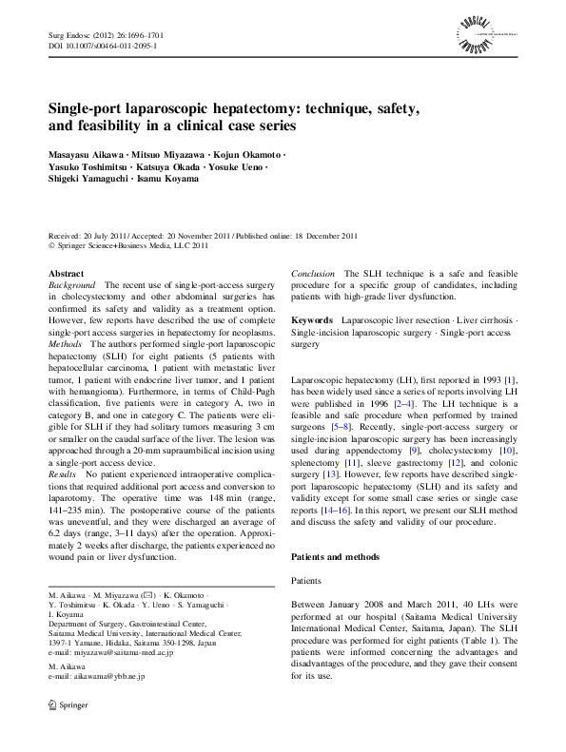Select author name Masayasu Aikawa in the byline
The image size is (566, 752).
pos(81,153)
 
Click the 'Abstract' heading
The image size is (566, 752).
pos(66,273)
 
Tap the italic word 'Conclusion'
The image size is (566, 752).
pos(314,273)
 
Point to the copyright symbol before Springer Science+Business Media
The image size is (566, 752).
pos(51,245)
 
